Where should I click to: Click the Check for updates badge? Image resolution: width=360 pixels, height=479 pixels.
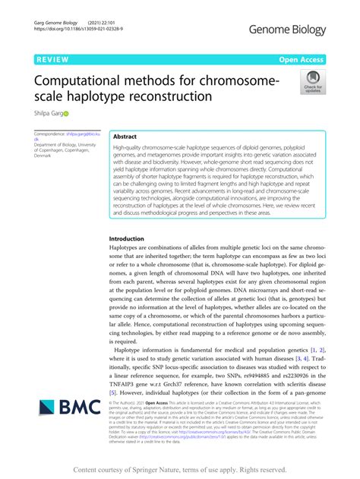coord(312,81)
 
